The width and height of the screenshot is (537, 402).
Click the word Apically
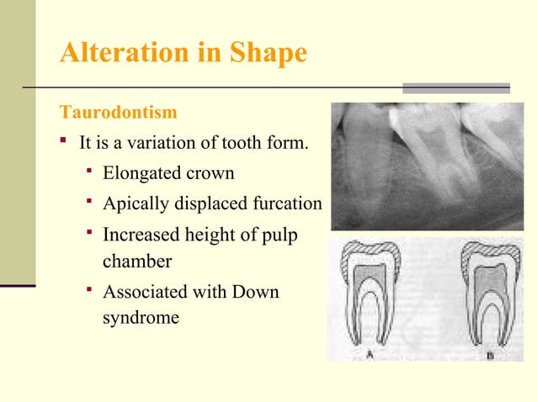pyautogui.click(x=133, y=204)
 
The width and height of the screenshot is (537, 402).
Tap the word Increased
pyautogui.click(x=140, y=235)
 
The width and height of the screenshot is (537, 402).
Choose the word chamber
pyautogui.click(x=136, y=262)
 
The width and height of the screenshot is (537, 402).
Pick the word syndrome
pyautogui.click(x=140, y=319)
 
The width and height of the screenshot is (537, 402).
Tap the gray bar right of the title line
pyautogui.click(x=455, y=87)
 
